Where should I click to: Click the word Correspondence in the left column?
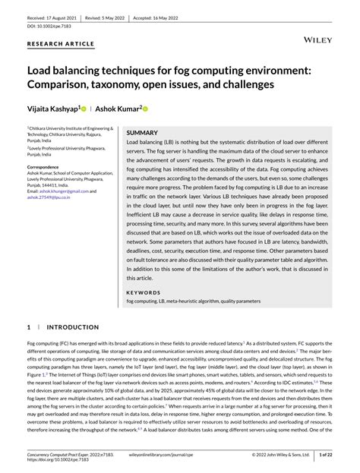pos(49,166)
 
